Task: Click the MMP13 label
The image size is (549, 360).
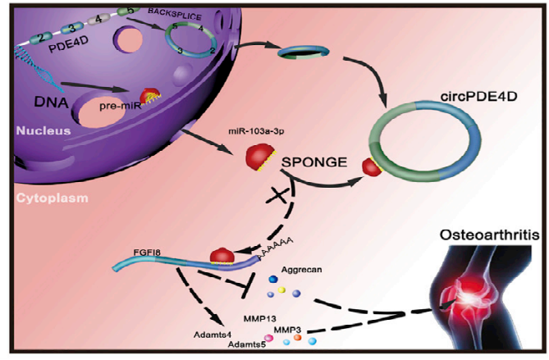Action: [x=258, y=315]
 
